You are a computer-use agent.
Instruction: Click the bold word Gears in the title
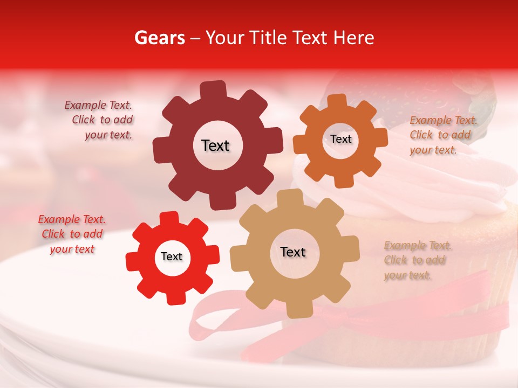coord(159,38)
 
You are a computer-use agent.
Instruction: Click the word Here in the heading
coord(354,38)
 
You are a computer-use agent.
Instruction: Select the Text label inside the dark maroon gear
coord(215,145)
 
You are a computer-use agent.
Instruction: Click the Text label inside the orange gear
coord(340,139)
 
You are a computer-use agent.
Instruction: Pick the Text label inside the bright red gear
coord(172,257)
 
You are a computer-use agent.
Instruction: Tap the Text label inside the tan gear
coord(293,252)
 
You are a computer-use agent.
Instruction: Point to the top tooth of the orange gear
coord(337,102)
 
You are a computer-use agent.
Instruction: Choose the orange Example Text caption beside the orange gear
coord(442,135)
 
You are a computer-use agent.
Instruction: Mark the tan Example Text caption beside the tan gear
coord(417,260)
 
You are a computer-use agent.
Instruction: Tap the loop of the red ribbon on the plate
coord(216,323)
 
